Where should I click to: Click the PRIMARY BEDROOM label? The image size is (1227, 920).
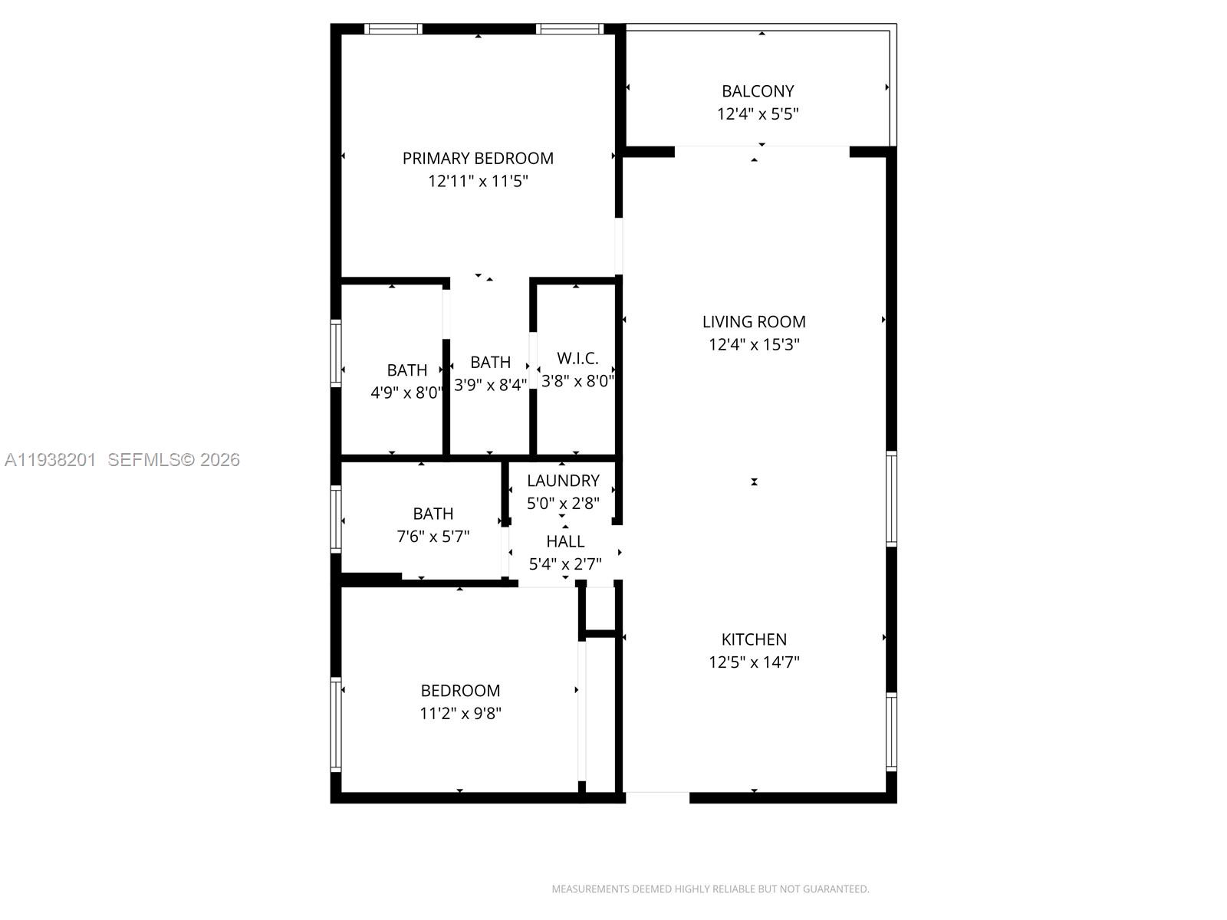478,158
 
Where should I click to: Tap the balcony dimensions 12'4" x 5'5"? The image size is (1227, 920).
758,114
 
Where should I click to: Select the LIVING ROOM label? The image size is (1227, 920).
754,322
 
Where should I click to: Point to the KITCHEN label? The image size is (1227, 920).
754,639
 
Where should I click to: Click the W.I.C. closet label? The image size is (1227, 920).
577,358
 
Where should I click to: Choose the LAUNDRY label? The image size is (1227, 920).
563,481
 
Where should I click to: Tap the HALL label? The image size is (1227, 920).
565,541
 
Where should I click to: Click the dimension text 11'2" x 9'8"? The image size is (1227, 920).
460,714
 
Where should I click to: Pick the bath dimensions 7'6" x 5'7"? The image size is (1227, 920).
433,537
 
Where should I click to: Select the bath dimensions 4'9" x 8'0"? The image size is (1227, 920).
406,393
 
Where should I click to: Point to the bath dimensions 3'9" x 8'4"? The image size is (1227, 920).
490,385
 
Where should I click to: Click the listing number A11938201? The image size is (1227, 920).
50,460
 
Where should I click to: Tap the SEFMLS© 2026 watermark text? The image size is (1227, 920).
173,460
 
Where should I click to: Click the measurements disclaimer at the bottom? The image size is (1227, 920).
710,889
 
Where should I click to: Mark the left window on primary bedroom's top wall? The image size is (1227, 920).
393,29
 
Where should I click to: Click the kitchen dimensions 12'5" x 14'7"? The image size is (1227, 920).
754,662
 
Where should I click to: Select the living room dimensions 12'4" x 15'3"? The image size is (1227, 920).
754,345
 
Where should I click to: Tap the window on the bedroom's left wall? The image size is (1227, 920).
336,724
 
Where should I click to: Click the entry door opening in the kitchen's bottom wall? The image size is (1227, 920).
657,797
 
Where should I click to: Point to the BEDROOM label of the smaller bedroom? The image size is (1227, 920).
460,691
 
